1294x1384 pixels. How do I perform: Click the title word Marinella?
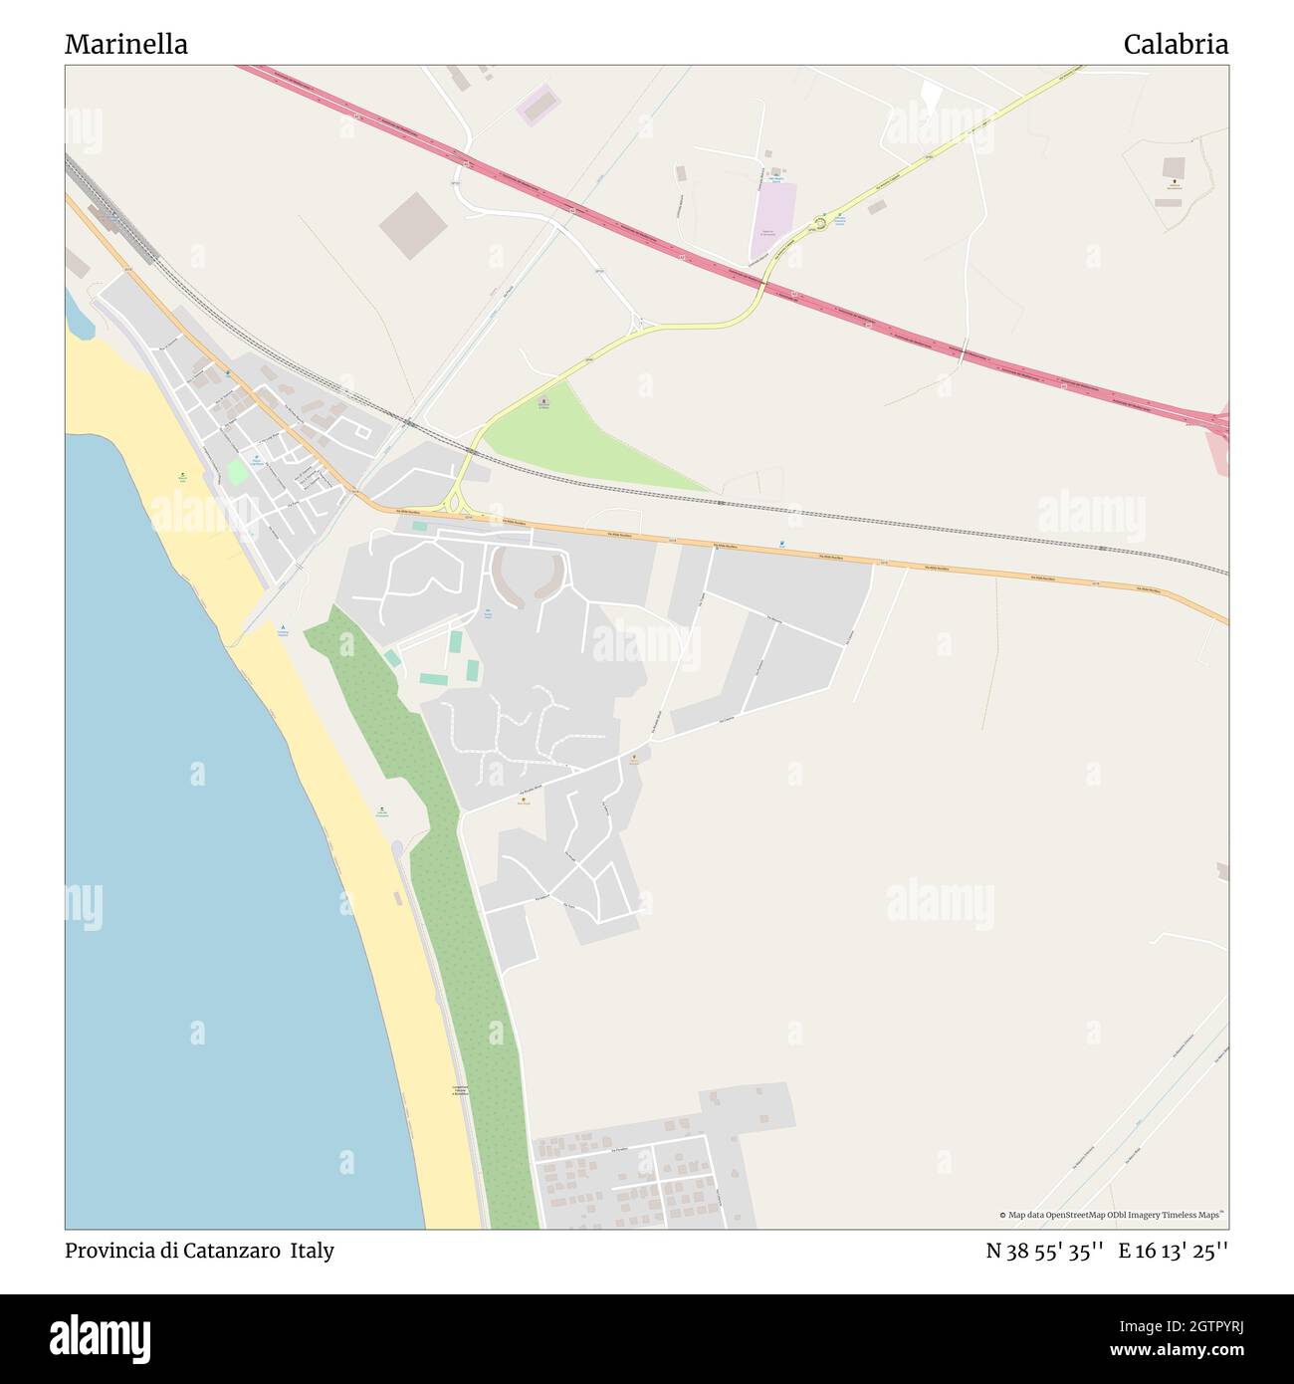(126, 45)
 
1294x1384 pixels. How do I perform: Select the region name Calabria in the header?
(1176, 45)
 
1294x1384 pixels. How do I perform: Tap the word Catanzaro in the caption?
(233, 1251)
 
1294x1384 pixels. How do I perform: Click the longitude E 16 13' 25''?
(1173, 1251)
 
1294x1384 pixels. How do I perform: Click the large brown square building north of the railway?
(413, 226)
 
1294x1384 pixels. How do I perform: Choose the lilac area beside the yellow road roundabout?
(774, 211)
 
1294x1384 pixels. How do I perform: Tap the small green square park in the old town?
(237, 471)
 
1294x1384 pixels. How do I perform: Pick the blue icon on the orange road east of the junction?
(782, 544)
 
